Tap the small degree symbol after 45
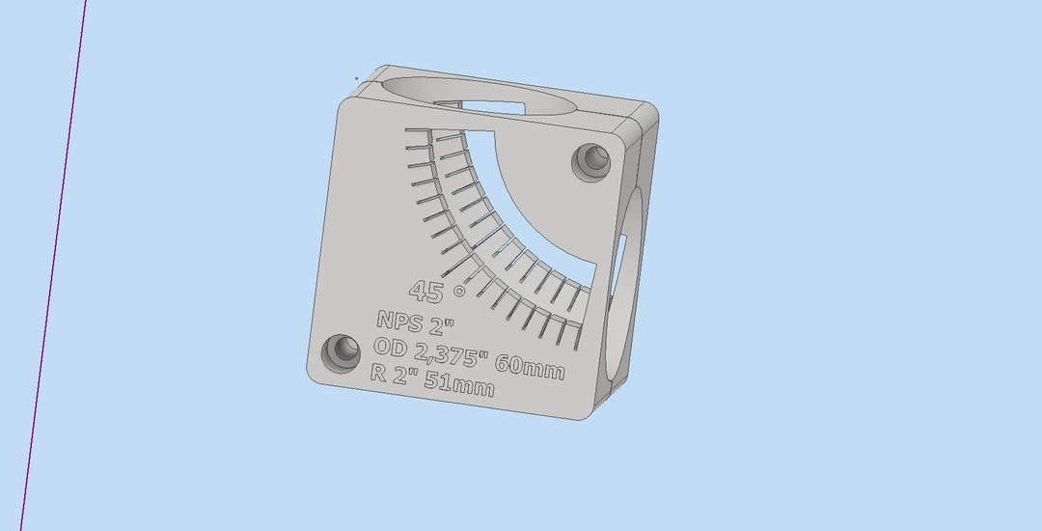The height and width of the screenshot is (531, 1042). coord(459,290)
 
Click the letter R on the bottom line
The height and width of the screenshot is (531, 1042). coord(379,373)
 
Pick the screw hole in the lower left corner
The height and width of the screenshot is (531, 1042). coord(340,350)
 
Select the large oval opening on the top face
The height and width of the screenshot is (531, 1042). coord(482,97)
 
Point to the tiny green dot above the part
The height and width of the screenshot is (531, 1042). coord(356,78)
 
